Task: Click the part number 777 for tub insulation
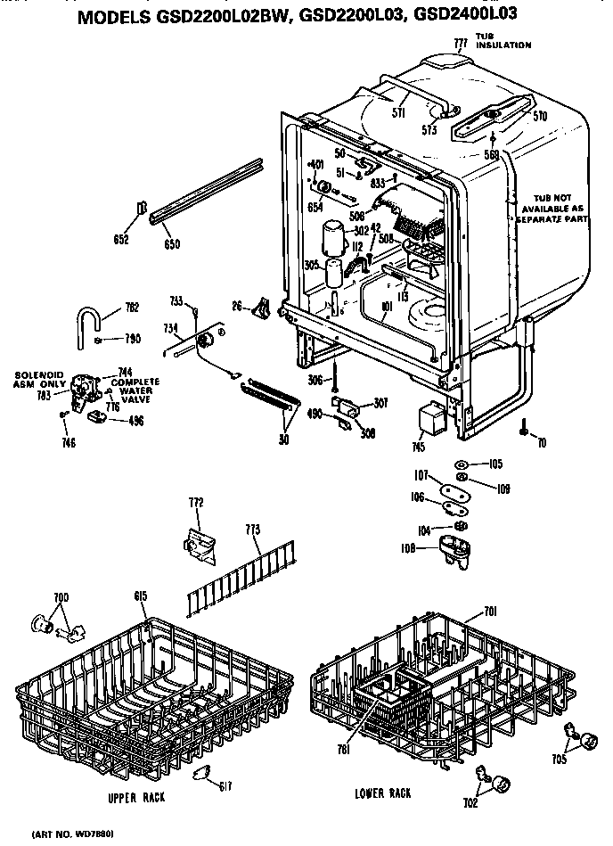coord(461,43)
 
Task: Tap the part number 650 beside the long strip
coord(171,242)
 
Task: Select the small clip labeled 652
coord(141,210)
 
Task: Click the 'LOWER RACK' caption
coord(381,793)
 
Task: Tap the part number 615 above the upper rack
coord(141,595)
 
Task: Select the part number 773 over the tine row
coord(252,530)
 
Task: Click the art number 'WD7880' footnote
coord(73,834)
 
